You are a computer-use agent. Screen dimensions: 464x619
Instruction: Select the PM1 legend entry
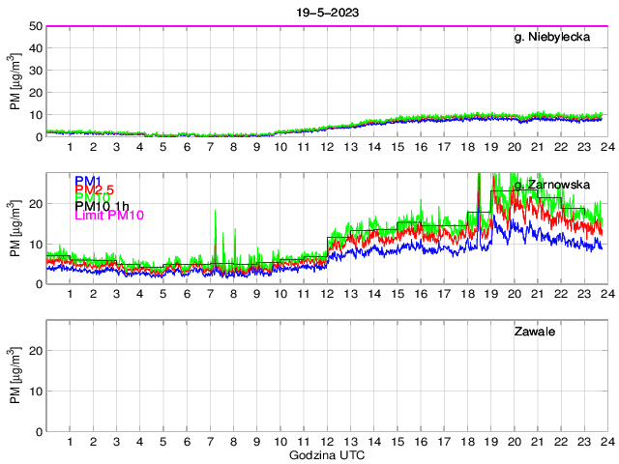point(88,181)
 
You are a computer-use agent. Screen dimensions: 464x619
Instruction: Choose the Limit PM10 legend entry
point(109,216)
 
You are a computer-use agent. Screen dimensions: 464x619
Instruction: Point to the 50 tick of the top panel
point(35,26)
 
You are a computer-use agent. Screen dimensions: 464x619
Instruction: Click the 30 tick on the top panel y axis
point(35,71)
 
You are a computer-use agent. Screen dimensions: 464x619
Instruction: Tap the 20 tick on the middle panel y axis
point(35,204)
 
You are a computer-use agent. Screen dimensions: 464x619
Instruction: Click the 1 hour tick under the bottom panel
point(70,442)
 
